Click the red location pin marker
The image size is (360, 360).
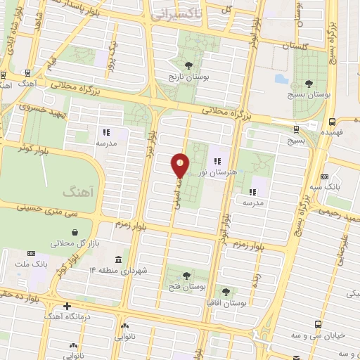(x=180, y=166)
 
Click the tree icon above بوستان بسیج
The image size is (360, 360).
(x=307, y=82)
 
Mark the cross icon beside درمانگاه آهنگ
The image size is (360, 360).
(x=67, y=306)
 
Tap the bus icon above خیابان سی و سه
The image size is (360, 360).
(x=318, y=325)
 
